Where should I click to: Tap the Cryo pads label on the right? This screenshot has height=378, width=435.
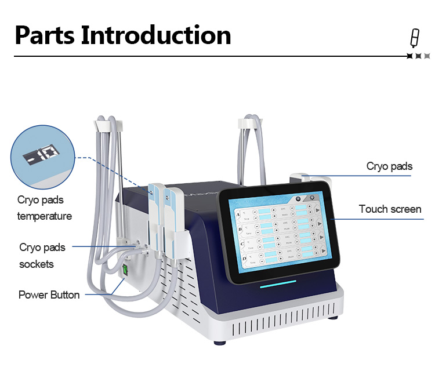[389, 166]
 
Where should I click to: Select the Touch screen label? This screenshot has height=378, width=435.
[390, 209]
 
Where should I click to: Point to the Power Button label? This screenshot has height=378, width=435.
[49, 295]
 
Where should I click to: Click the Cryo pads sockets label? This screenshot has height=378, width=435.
[42, 256]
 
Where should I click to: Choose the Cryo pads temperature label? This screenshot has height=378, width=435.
[44, 208]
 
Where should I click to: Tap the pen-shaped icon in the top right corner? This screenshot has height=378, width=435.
[414, 37]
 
